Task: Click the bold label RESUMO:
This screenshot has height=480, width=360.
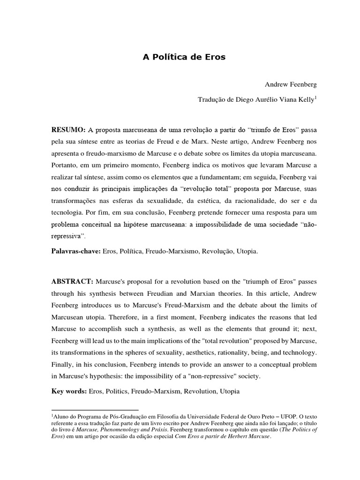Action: [67, 129]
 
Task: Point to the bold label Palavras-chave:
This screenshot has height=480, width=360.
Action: [75, 251]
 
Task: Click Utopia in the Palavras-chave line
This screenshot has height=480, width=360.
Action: [248, 251]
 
